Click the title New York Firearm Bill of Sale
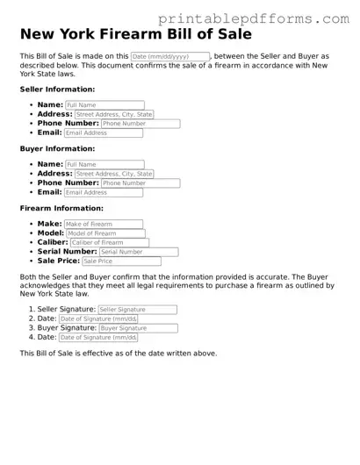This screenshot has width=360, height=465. (135, 35)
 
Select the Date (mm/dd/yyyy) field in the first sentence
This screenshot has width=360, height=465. (169, 56)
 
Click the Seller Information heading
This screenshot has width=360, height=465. (57, 89)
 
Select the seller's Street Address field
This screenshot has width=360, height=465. (114, 114)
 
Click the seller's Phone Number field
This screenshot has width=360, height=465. (140, 124)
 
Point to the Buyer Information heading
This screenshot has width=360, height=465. (57, 149)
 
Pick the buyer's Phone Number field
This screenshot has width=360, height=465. (140, 183)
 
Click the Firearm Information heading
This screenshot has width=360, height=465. (61, 209)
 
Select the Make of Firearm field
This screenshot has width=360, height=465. (103, 224)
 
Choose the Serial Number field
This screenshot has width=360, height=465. (138, 252)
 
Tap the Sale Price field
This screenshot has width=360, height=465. (121, 261)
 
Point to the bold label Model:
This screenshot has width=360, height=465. (51, 233)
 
